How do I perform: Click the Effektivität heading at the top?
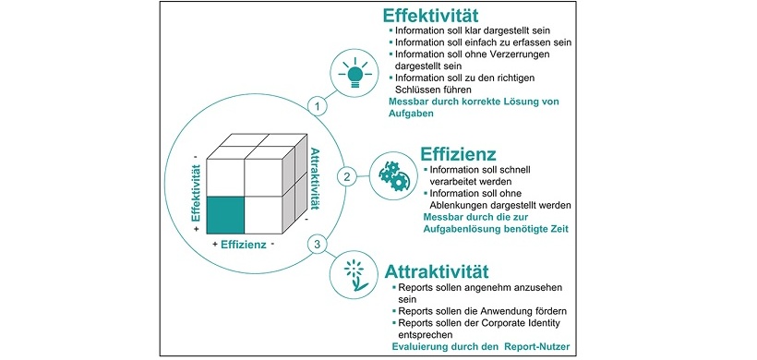point(440,18)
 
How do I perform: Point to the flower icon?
point(354,274)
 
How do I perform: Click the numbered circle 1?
point(318,106)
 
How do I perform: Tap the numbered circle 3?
point(318,245)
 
